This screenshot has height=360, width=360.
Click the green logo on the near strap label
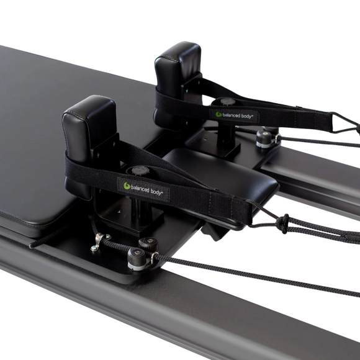[127, 186]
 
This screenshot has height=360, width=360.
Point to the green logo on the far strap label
[218, 114]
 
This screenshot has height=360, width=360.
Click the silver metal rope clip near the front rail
[97, 243]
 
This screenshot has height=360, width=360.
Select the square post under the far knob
[226, 133]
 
